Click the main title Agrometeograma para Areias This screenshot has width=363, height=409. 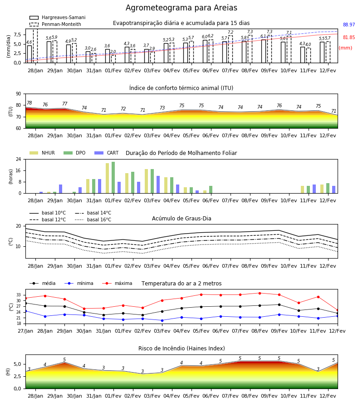pyautogui.click(x=181, y=8)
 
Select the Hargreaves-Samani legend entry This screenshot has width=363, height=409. pyautogui.click(x=57, y=17)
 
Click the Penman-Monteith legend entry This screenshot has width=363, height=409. pyautogui.click(x=55, y=24)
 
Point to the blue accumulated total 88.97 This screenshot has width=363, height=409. pyautogui.click(x=349, y=25)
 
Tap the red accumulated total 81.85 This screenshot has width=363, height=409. pyautogui.click(x=349, y=37)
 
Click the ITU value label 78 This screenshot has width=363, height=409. pyautogui.click(x=29, y=103)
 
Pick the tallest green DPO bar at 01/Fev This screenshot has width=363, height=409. pyautogui.click(x=113, y=178)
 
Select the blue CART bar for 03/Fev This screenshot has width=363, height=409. pyautogui.click(x=158, y=185)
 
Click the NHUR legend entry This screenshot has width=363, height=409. pyautogui.click(x=42, y=153)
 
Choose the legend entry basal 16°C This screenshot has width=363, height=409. pyautogui.click(x=93, y=219)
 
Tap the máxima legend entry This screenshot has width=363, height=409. pyautogui.click(x=117, y=283)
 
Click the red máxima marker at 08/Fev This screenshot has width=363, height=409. pyautogui.click(x=260, y=293)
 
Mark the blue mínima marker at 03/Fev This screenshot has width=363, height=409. pyautogui.click(x=162, y=320)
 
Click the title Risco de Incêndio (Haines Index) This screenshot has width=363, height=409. pyautogui.click(x=181, y=349)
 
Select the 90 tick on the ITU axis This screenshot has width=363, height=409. pyautogui.click(x=19, y=94)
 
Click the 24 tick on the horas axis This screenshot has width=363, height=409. pyautogui.click(x=19, y=159)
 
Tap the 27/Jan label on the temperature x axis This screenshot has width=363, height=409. pyautogui.click(x=25, y=331)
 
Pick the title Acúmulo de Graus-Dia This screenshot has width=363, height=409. pyautogui.click(x=181, y=219)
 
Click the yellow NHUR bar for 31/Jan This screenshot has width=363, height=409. pyautogui.click(x=88, y=186)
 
